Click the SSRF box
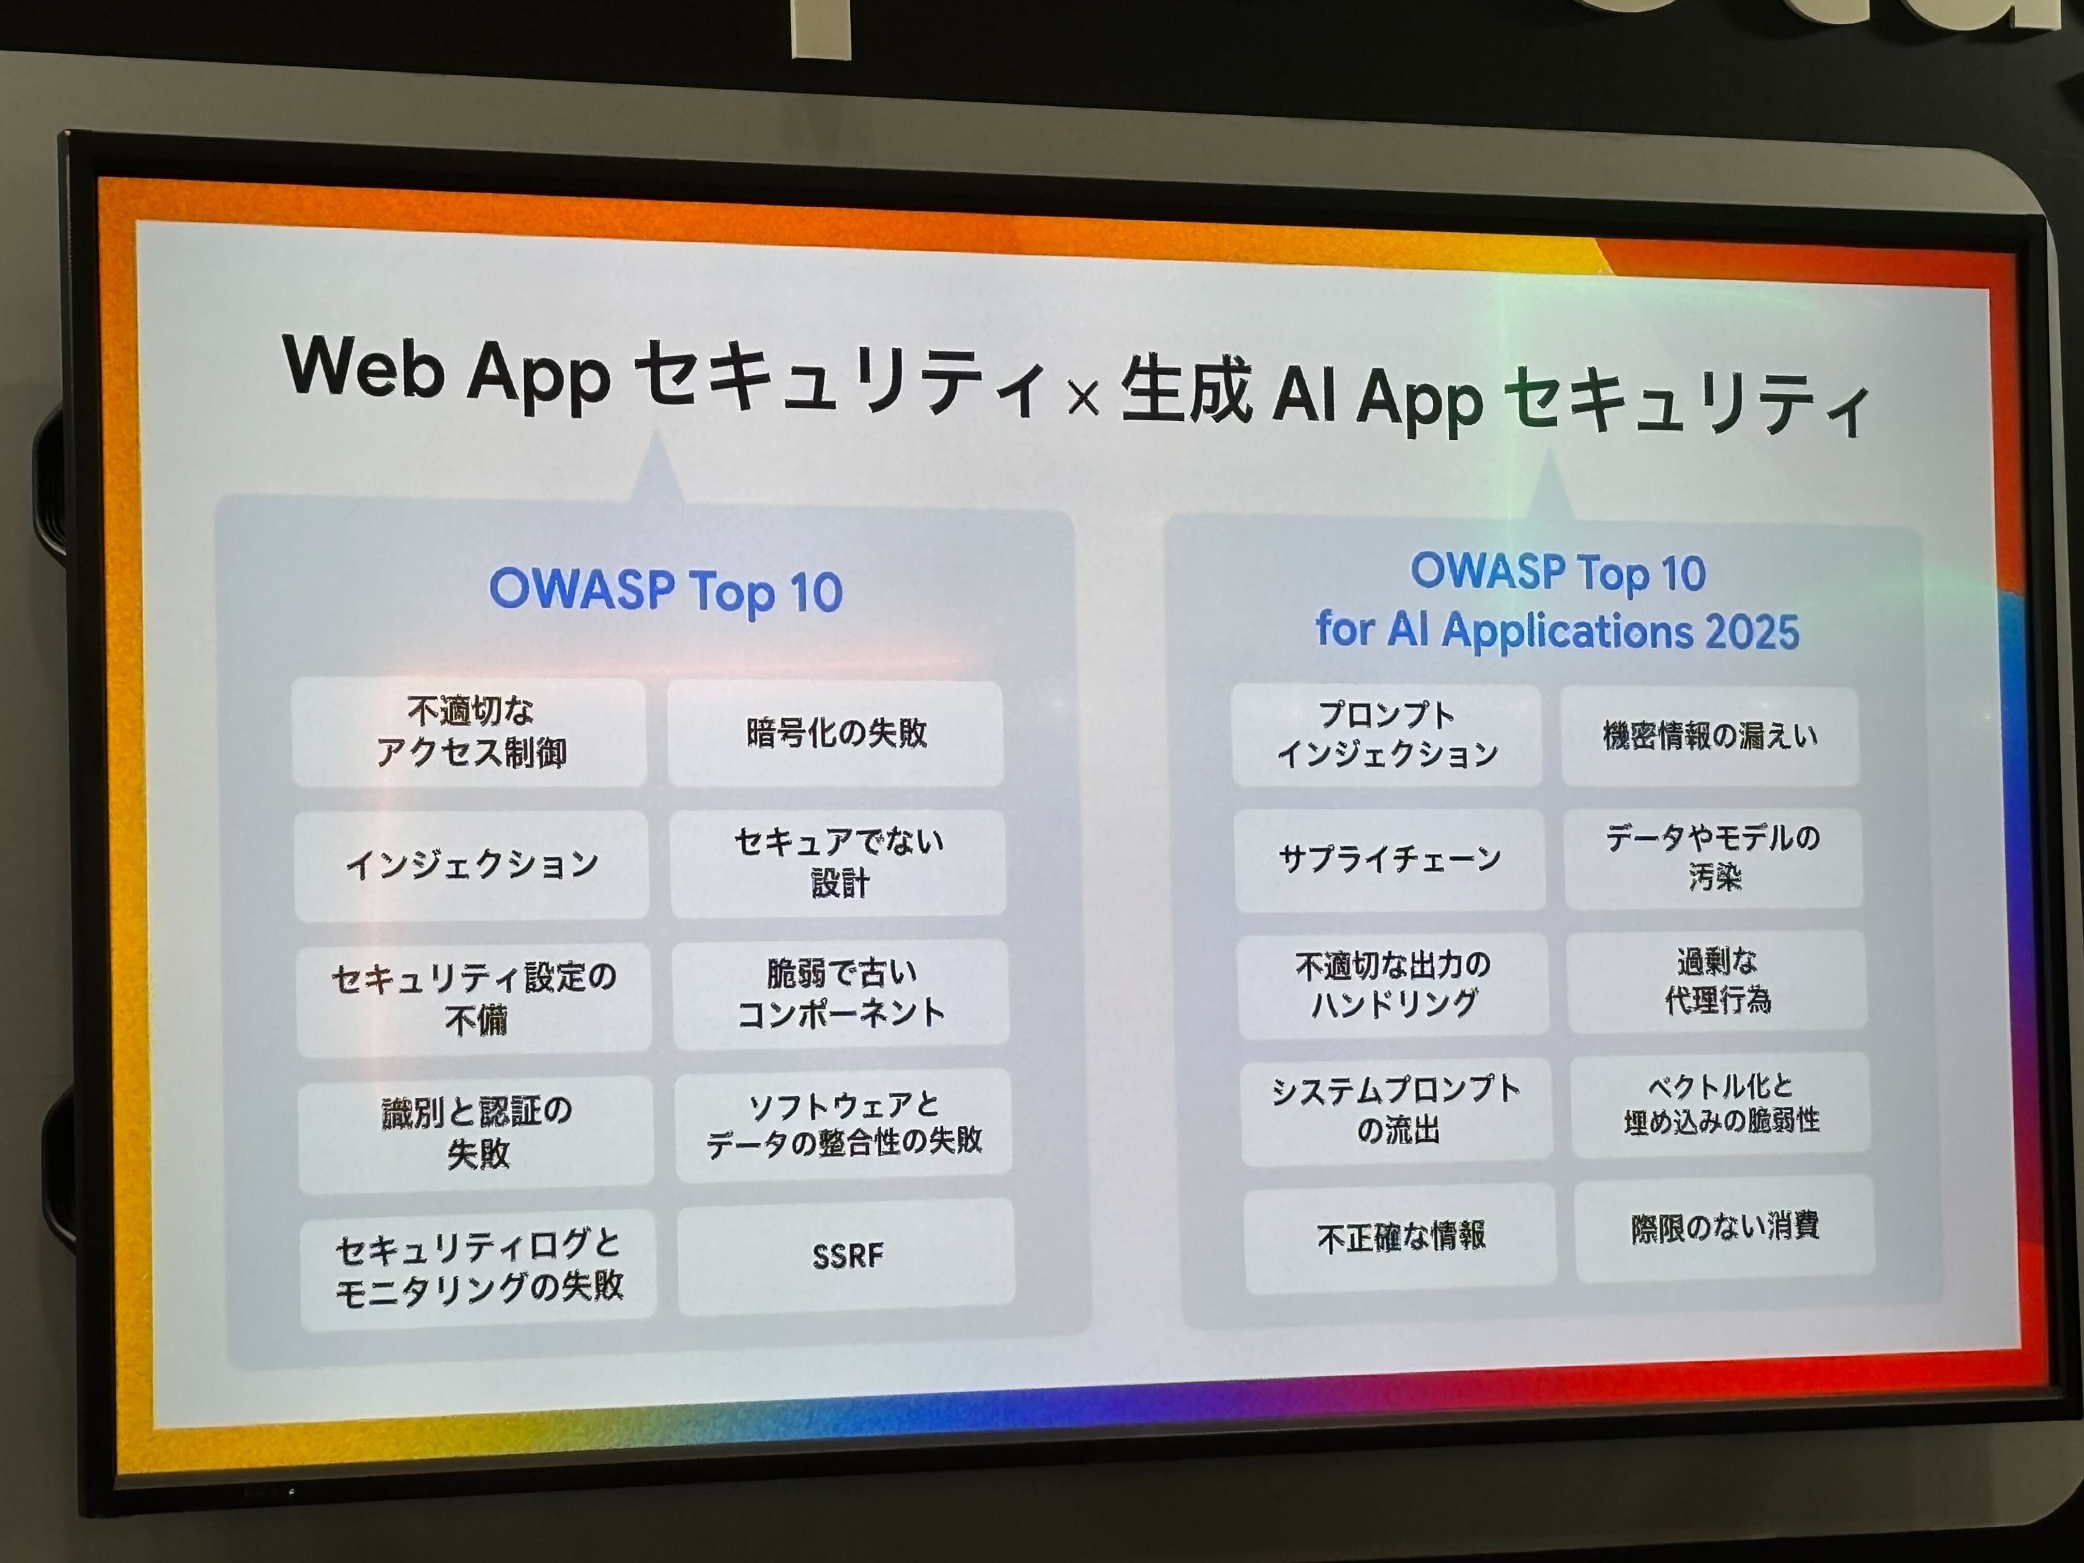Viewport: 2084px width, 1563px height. click(846, 1256)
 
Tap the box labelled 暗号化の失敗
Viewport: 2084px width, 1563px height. click(836, 733)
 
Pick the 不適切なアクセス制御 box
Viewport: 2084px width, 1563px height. click(469, 732)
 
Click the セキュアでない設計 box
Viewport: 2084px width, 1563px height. click(838, 862)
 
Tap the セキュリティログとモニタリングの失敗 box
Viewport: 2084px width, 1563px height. click(478, 1268)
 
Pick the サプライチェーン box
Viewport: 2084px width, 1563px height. click(1390, 859)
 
